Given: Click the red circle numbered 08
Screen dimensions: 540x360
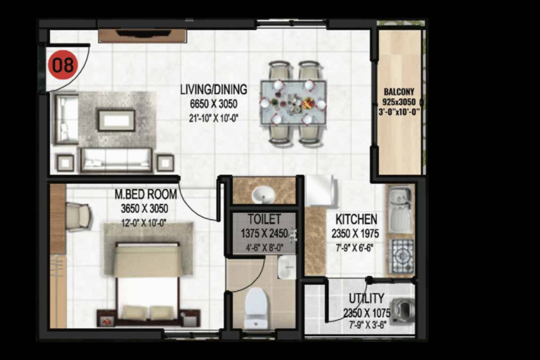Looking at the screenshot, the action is pyautogui.click(x=63, y=65).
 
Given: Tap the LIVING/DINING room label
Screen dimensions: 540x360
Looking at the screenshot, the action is pyautogui.click(x=214, y=89).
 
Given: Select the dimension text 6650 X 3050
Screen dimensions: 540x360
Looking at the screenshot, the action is pyautogui.click(x=214, y=103).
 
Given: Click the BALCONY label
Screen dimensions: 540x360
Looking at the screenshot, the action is pyautogui.click(x=399, y=92).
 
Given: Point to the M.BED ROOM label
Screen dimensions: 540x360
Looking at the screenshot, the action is pyautogui.click(x=146, y=194).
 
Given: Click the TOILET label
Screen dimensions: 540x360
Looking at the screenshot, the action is pyautogui.click(x=264, y=219).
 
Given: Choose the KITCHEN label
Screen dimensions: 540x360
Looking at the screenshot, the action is pyautogui.click(x=356, y=219).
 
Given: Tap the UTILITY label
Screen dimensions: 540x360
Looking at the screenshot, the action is pyautogui.click(x=366, y=298).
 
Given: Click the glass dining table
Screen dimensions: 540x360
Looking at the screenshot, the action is pyautogui.click(x=293, y=103).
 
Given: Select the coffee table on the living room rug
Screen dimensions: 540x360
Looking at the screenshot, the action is pyautogui.click(x=116, y=120).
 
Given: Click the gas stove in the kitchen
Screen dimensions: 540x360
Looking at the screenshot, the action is pyautogui.click(x=401, y=256).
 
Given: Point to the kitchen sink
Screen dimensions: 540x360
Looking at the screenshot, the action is pyautogui.click(x=400, y=210).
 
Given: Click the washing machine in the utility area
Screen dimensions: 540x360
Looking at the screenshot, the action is pyautogui.click(x=403, y=311).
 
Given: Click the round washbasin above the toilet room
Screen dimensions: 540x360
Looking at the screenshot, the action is pyautogui.click(x=264, y=195).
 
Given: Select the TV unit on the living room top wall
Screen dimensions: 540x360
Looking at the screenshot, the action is pyautogui.click(x=143, y=36).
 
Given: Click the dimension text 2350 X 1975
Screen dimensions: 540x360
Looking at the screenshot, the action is pyautogui.click(x=355, y=233).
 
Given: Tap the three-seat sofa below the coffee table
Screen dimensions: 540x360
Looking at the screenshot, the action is pyautogui.click(x=116, y=160).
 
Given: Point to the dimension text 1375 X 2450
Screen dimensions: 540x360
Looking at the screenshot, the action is pyautogui.click(x=264, y=233).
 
